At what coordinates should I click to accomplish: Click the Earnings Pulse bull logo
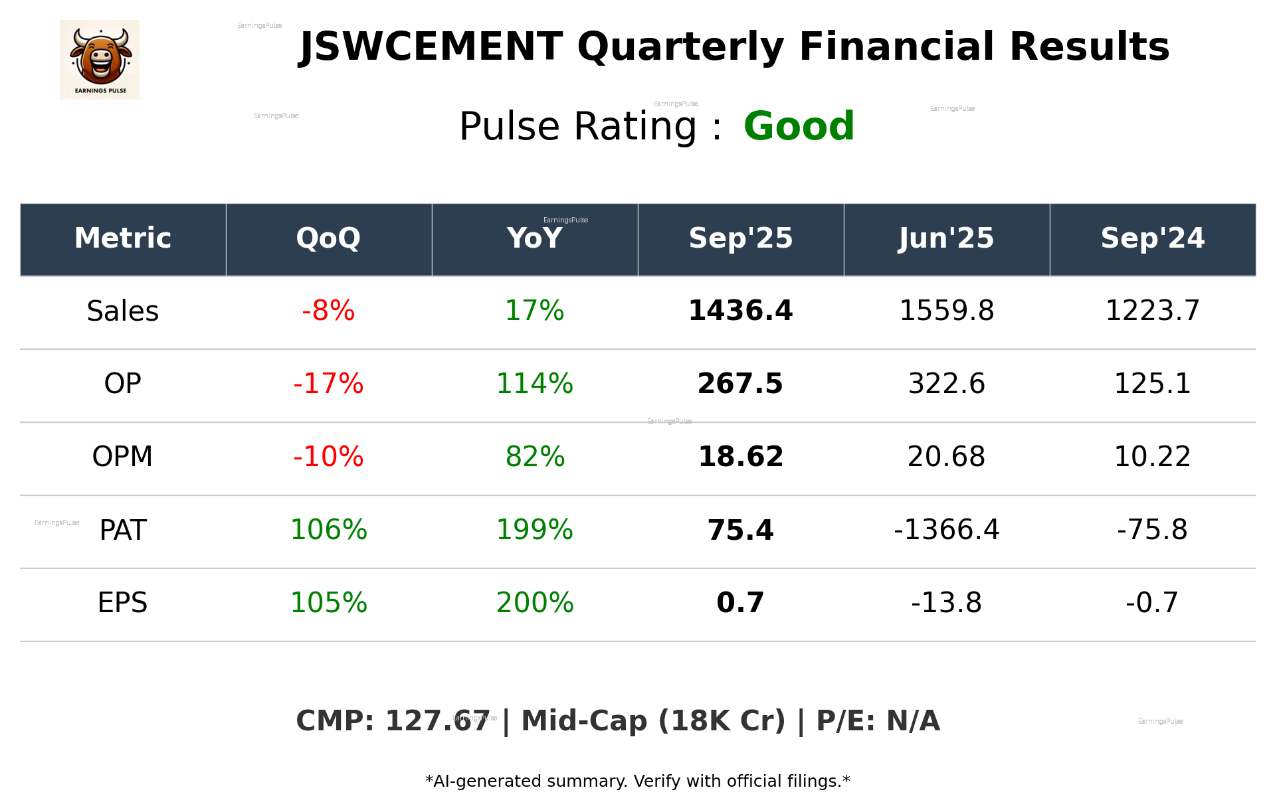[100, 60]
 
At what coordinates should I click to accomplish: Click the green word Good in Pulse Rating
[799, 126]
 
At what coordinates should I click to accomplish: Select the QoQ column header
[328, 238]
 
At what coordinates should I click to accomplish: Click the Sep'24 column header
[1152, 238]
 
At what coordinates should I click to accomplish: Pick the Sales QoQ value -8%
[328, 311]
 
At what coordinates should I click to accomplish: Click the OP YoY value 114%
[534, 384]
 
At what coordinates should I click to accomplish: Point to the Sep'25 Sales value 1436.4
[740, 311]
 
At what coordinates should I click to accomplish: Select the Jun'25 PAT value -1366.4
[946, 530]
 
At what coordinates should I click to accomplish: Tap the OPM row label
[122, 457]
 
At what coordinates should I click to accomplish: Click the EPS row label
[122, 603]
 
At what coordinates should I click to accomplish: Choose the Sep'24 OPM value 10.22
[1152, 457]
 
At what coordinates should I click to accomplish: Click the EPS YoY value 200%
[534, 603]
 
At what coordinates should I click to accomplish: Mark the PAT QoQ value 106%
[328, 530]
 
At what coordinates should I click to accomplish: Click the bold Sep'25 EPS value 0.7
[740, 603]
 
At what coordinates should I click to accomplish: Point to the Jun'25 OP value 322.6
[946, 384]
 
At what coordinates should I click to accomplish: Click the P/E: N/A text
[878, 721]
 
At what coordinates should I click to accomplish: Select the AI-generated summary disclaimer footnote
[637, 781]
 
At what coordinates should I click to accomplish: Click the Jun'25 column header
[946, 238]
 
